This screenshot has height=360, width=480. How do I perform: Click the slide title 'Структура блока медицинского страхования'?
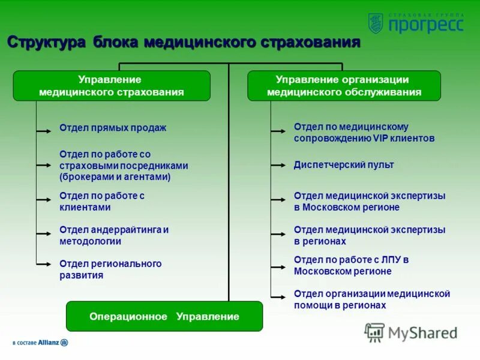[x=184, y=43]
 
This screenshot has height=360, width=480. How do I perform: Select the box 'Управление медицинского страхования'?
[x=112, y=86]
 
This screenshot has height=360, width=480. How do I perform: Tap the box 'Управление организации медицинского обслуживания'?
[x=344, y=86]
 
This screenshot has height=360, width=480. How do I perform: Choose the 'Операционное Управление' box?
[x=164, y=316]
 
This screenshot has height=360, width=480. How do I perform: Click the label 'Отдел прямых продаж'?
[x=113, y=128]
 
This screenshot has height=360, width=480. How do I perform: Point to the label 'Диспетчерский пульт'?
[x=344, y=165]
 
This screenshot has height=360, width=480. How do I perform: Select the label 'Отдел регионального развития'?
[x=110, y=269]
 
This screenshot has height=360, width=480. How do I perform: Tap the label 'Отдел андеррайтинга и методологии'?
[x=114, y=236]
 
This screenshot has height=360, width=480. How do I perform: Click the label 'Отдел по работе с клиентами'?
[x=102, y=202]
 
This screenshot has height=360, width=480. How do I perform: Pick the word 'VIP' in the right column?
[x=382, y=139]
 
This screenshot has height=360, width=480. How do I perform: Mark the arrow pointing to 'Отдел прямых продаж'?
[x=44, y=129]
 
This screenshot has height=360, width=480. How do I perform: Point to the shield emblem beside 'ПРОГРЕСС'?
[x=376, y=23]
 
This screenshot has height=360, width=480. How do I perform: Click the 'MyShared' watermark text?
[x=422, y=333]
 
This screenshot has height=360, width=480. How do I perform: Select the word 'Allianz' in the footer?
[x=49, y=343]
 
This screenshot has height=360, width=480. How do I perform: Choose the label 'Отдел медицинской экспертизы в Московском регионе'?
[x=370, y=202]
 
